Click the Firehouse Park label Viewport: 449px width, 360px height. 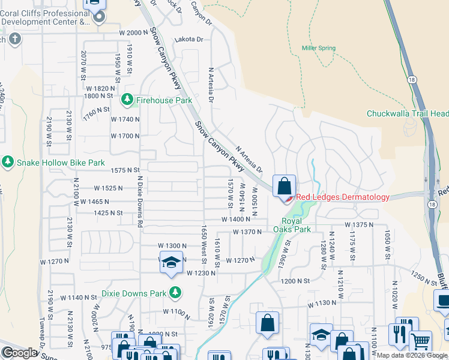tap(164, 100)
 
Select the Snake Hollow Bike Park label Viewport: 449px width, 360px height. tap(61, 163)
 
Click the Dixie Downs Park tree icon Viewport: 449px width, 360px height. tap(175, 293)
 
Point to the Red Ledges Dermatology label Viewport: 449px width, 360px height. tap(343, 197)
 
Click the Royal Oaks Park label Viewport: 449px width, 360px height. tap(292, 224)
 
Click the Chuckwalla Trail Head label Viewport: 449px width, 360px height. tap(407, 113)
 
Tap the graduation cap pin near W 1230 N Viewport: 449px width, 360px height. tap(172, 263)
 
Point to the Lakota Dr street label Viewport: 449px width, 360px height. tap(189, 39)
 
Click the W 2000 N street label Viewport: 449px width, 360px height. tap(128, 32)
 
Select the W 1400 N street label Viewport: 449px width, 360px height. tap(235, 220)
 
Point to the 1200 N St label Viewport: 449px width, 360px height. tap(294, 280)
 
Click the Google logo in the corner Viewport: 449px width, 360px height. tap(20, 353)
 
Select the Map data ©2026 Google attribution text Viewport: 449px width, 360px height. tap(412, 355)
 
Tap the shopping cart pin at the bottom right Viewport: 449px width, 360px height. tap(420, 341)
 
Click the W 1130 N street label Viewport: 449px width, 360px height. tap(322, 303)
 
